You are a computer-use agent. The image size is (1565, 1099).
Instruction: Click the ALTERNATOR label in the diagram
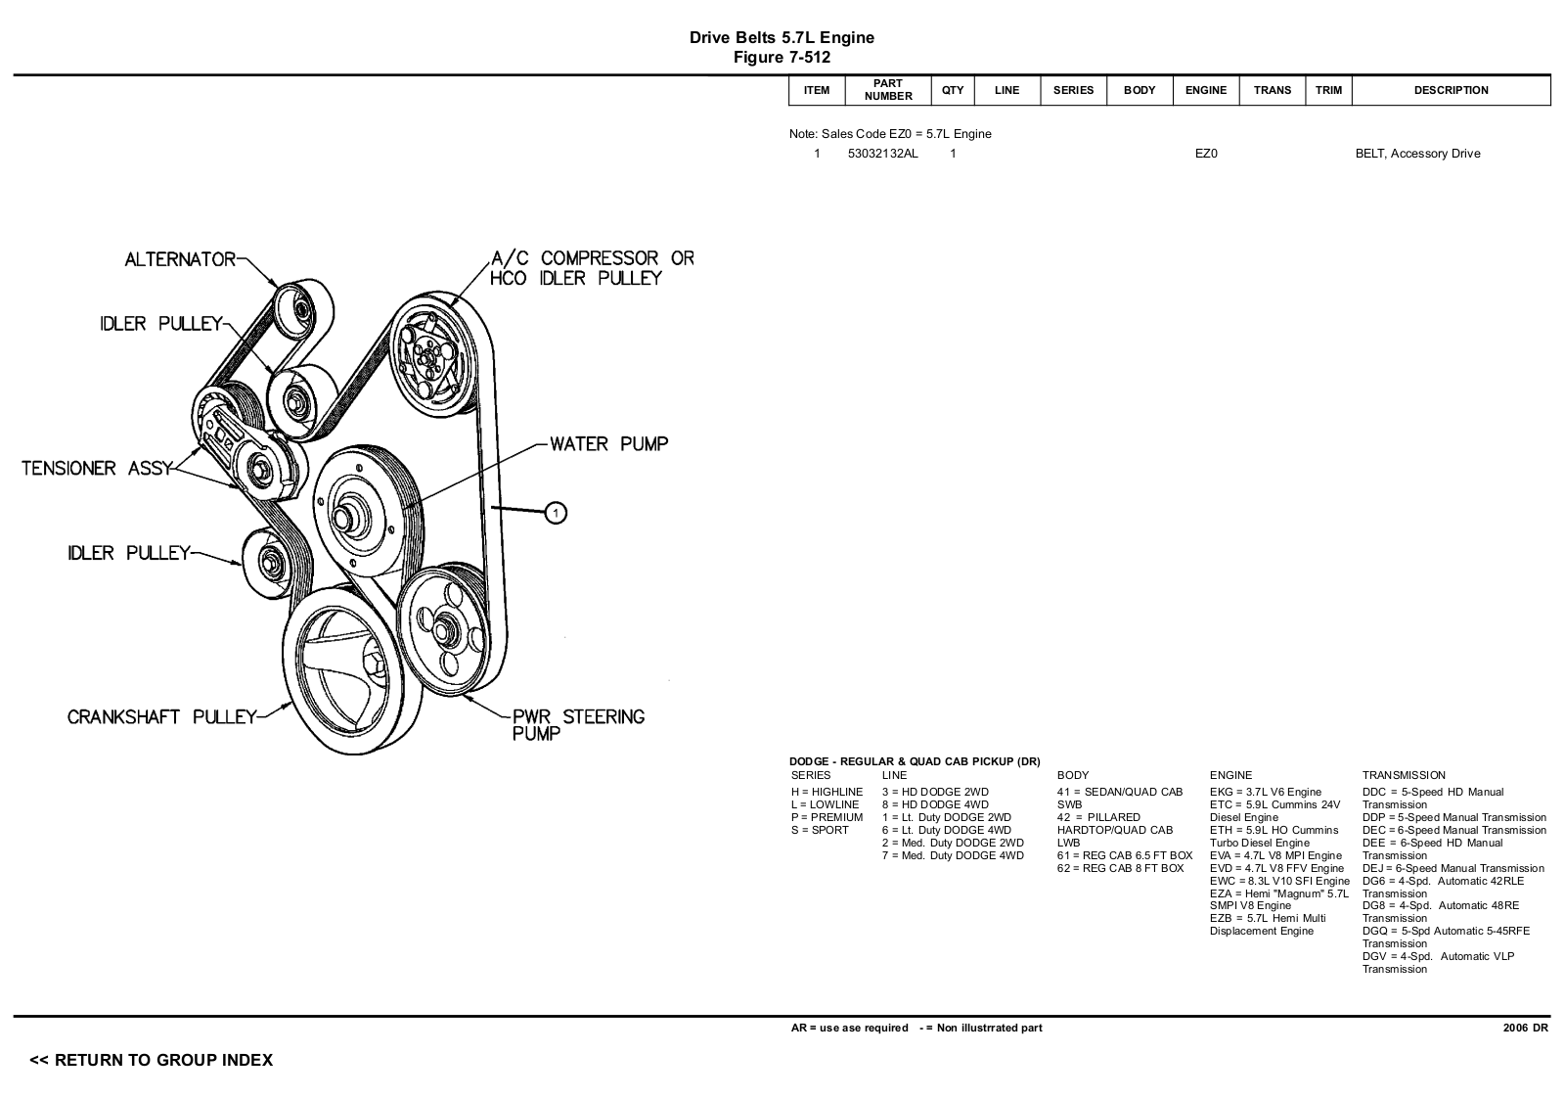pyautogui.click(x=180, y=259)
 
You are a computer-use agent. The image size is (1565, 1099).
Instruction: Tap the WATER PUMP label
pyautogui.click(x=608, y=444)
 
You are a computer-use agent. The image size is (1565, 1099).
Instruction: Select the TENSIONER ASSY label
pyautogui.click(x=96, y=469)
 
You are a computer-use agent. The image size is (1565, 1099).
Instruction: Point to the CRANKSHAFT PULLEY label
pyautogui.click(x=161, y=717)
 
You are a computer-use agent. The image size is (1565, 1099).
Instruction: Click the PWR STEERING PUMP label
pyautogui.click(x=578, y=724)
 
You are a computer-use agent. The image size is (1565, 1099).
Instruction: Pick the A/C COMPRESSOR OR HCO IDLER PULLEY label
pyautogui.click(x=592, y=268)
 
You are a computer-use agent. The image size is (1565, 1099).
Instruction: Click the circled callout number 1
pyautogui.click(x=555, y=512)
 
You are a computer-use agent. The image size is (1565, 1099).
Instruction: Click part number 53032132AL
pyautogui.click(x=882, y=154)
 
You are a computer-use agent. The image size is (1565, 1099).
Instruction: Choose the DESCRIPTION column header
pyautogui.click(x=1451, y=90)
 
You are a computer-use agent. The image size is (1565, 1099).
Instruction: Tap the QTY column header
pyautogui.click(x=953, y=90)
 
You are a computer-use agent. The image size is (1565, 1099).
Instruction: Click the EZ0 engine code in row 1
pyautogui.click(x=1206, y=154)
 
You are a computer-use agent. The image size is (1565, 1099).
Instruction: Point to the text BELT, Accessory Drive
pyautogui.click(x=1417, y=154)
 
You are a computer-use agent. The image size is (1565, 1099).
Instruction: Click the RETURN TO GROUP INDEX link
pyautogui.click(x=152, y=1060)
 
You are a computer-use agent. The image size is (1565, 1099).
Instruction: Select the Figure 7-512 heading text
pyautogui.click(x=782, y=58)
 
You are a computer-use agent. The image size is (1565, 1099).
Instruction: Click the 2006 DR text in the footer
pyautogui.click(x=1525, y=1028)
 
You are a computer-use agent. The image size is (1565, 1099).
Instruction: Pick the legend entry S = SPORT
pyautogui.click(x=820, y=830)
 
